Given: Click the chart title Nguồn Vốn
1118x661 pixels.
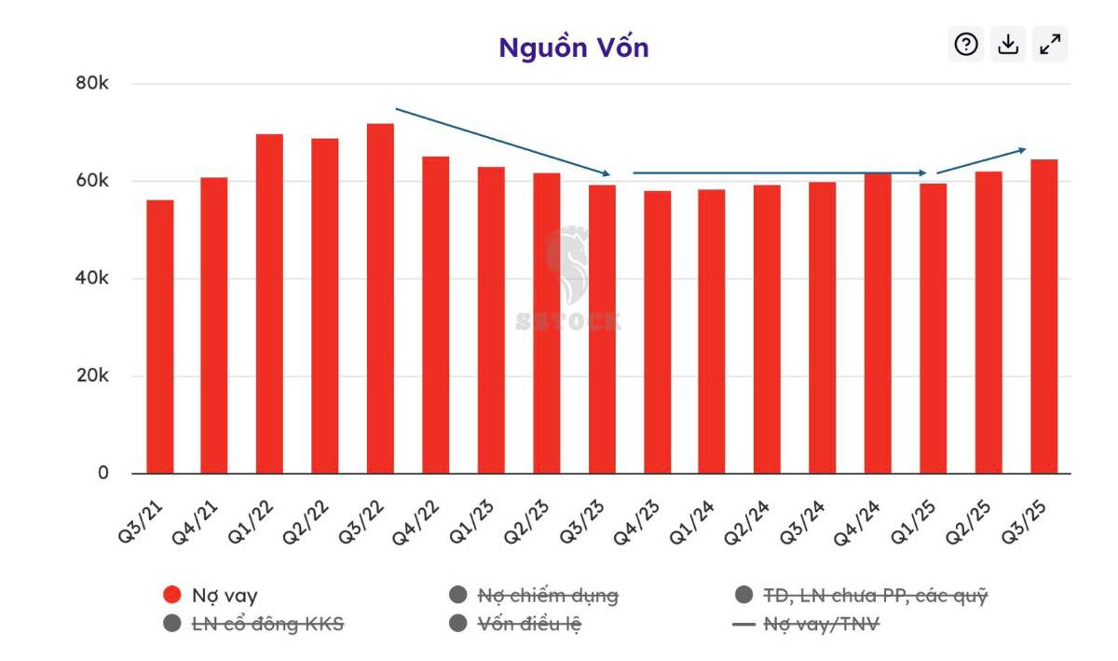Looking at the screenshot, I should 573,48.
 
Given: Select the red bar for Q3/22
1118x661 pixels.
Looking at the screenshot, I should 380,298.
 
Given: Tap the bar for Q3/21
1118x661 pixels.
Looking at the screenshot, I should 159,337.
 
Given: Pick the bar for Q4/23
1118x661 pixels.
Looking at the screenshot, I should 657,332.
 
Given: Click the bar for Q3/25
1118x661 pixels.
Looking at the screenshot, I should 1043,316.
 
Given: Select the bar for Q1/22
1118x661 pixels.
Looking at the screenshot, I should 269,304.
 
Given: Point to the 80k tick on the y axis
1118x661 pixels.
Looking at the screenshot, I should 91,84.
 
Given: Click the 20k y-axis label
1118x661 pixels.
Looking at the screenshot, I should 91,376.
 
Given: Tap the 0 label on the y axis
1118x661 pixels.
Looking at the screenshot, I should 102,473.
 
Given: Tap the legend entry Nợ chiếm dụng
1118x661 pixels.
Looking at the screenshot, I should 547,595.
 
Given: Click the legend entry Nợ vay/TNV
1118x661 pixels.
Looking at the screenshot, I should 820,624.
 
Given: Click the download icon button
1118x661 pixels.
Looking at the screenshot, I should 1008,44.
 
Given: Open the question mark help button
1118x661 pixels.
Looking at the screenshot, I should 966,44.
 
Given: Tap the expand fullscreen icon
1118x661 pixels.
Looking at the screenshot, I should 1050,44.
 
